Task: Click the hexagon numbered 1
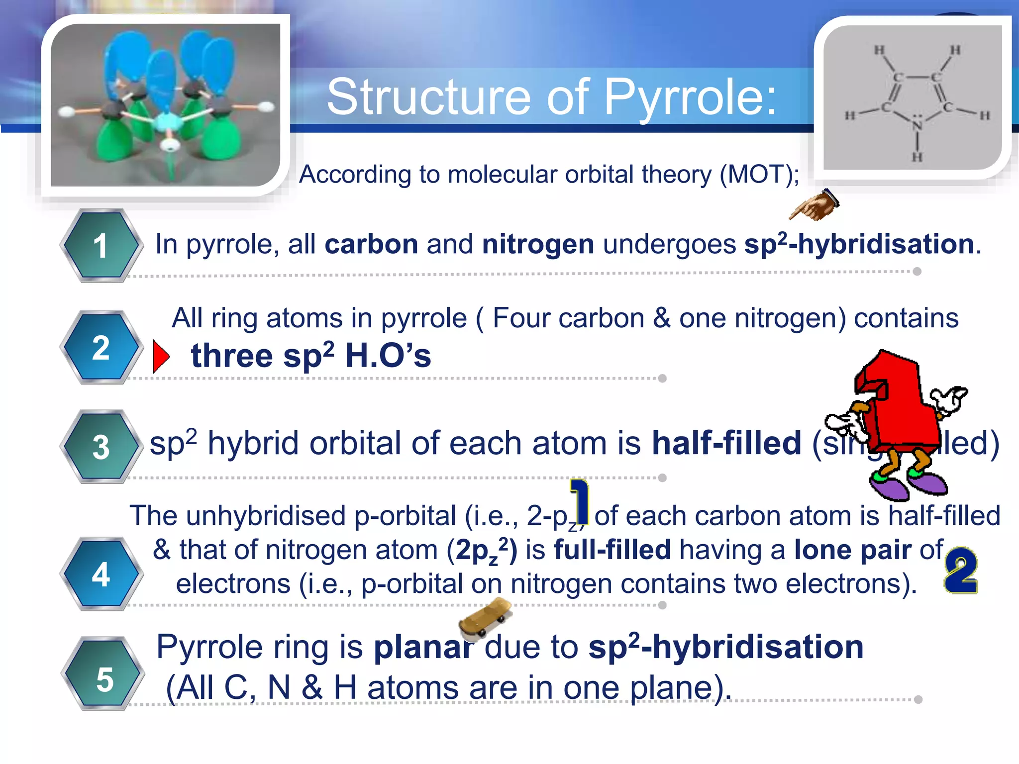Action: coord(101,246)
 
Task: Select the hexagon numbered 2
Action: coord(101,347)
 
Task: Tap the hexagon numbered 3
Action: coord(101,447)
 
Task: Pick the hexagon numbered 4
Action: coord(101,574)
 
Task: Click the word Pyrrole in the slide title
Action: coord(689,97)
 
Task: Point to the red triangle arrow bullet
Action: coord(160,356)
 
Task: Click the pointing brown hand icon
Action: coord(814,205)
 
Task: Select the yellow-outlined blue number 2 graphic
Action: coord(961,571)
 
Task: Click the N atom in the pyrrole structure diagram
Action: coord(917,125)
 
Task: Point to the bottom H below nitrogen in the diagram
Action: coord(917,158)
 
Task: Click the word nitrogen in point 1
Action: coord(538,244)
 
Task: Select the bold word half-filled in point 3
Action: coord(726,443)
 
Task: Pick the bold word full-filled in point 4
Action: coord(612,550)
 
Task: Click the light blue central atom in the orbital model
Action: coord(165,121)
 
